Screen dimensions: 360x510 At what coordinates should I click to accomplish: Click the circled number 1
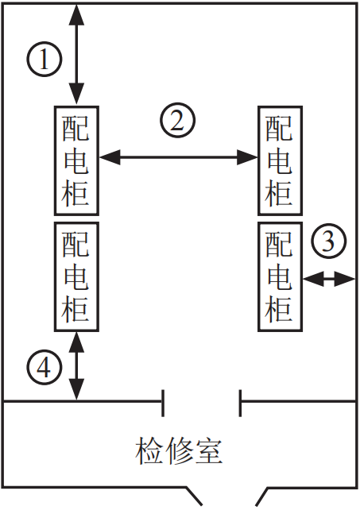tap(44, 60)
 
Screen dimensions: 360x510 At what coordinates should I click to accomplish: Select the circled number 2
tap(177, 120)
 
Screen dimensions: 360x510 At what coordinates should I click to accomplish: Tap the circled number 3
tap(328, 241)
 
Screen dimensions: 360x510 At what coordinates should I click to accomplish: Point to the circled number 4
tap(44, 369)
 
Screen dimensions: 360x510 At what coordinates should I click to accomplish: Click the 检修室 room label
tap(179, 450)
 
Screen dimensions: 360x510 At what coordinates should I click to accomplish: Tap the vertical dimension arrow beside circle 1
tap(77, 55)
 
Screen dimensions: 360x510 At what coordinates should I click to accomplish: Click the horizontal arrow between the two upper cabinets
tap(178, 157)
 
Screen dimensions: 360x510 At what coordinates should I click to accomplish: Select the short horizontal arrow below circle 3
tap(329, 279)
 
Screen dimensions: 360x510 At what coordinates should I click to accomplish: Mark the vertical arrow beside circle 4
tap(77, 365)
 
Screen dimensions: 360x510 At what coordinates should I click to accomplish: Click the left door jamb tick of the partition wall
tap(163, 403)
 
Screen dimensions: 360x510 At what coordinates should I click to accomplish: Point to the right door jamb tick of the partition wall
tap(240, 403)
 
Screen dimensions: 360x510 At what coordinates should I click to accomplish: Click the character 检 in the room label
tap(149, 450)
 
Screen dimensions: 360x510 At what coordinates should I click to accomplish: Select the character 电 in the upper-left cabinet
tap(76, 161)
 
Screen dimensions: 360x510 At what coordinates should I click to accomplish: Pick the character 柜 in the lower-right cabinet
tap(280, 308)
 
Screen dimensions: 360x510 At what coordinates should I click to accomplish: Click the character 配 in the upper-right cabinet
tap(280, 129)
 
